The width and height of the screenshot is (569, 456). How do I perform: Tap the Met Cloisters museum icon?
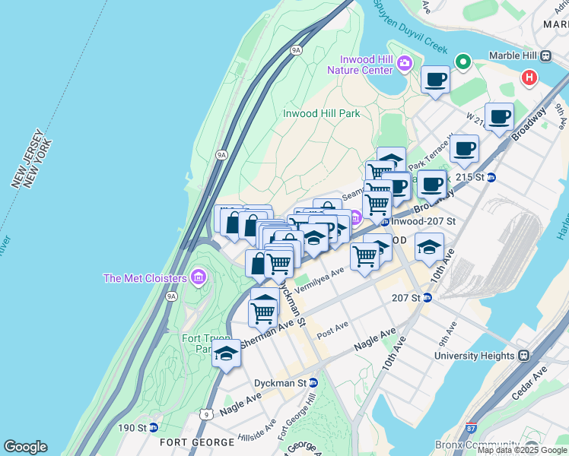(199, 275)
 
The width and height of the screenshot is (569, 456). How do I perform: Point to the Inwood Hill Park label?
(321, 113)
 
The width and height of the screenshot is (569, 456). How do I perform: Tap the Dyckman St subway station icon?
(313, 382)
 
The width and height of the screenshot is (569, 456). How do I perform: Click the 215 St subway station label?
(469, 177)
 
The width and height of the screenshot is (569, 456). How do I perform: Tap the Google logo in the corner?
(25, 447)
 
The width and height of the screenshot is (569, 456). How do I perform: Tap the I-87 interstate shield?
(471, 429)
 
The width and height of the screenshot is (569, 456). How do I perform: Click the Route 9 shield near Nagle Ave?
(207, 414)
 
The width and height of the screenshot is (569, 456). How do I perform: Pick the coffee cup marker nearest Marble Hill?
(436, 78)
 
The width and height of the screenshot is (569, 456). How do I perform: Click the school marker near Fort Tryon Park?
(226, 353)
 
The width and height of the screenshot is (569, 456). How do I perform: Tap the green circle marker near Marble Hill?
(462, 61)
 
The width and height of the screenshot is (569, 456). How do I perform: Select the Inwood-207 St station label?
(424, 221)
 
